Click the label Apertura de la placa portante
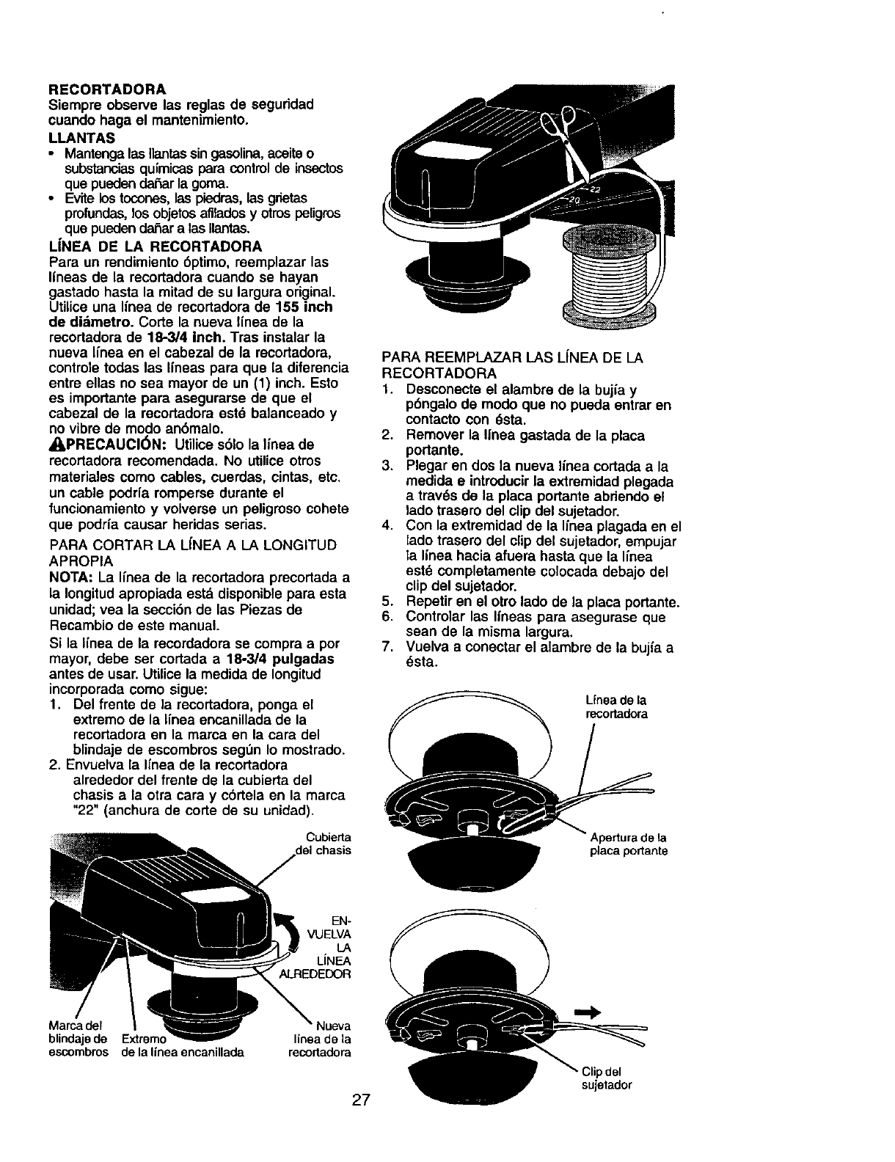[x=628, y=844]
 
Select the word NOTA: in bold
[x=70, y=578]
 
